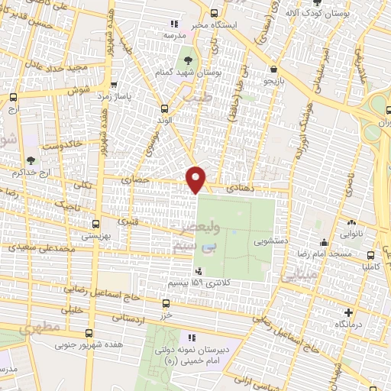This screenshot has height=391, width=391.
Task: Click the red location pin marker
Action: click(x=196, y=179)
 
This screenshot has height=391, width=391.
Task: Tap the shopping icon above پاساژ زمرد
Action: click(x=114, y=86)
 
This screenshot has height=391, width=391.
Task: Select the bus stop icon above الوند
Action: click(x=165, y=108)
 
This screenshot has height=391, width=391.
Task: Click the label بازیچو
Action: click(x=273, y=79)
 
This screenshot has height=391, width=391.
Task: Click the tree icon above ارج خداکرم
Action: click(x=31, y=160)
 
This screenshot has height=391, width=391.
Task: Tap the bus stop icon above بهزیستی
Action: click(x=95, y=225)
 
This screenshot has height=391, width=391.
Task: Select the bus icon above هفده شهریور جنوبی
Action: click(x=89, y=333)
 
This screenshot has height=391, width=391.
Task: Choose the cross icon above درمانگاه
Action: click(x=349, y=312)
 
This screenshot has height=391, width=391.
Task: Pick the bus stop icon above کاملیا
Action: click(x=370, y=255)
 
